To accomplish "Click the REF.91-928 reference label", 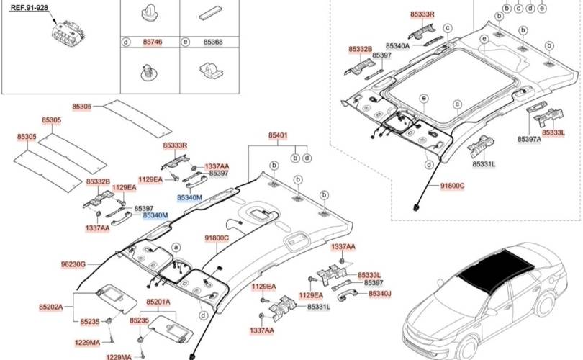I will click(x=30, y=8).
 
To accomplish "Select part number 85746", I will click(x=153, y=42).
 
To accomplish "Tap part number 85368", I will click(x=213, y=42).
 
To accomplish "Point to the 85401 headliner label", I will click(x=279, y=135).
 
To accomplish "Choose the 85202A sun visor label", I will click(x=50, y=307).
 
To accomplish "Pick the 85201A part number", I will click(x=158, y=302).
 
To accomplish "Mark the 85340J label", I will click(x=380, y=294).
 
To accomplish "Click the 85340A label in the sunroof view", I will click(x=397, y=45).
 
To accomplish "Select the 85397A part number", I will click(x=529, y=139).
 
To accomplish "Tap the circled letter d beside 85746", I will click(x=125, y=42).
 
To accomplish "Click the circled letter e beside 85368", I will click(x=185, y=42).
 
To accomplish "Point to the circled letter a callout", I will click(x=174, y=246).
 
